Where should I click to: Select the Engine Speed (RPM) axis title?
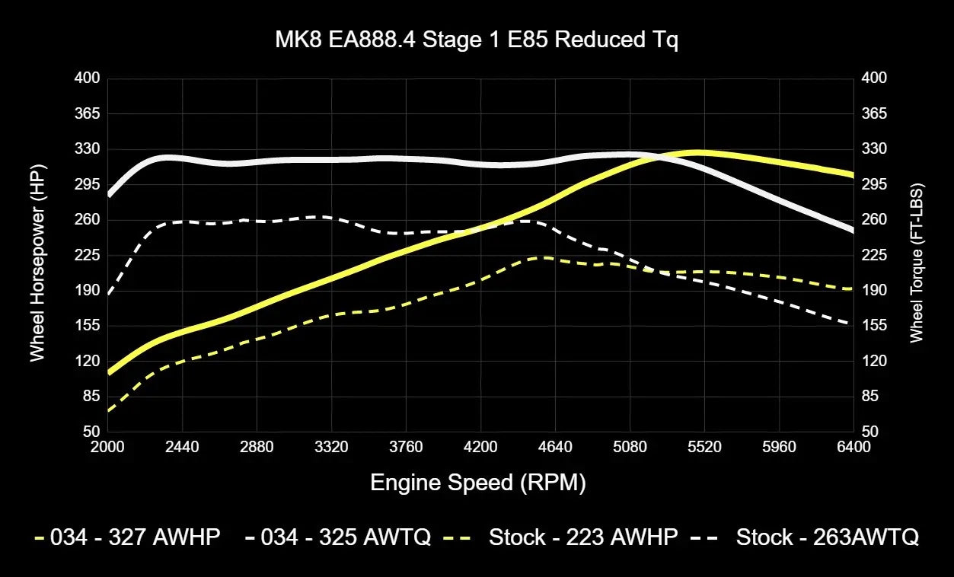(x=477, y=483)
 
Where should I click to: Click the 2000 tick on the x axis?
(x=107, y=447)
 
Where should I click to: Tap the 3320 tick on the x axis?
(x=331, y=447)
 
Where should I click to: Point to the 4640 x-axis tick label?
(x=555, y=447)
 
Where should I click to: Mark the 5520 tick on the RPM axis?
(x=704, y=447)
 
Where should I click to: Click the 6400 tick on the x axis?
(x=853, y=447)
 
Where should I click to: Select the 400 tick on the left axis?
(x=86, y=78)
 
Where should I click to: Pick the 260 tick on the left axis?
(x=86, y=220)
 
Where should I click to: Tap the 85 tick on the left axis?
(x=90, y=397)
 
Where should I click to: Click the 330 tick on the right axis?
(x=874, y=149)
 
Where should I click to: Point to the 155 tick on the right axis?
(x=874, y=326)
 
